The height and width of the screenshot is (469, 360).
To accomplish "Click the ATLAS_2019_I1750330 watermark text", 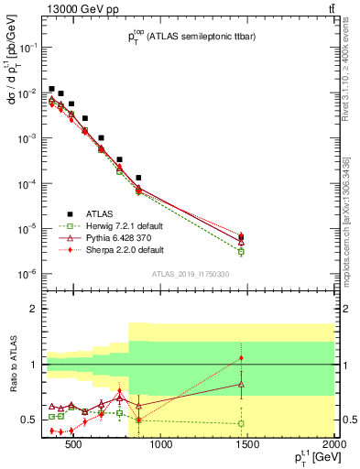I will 190,273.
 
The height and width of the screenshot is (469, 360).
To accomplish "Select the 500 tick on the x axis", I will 73,446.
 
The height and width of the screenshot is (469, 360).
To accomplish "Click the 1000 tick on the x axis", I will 161,446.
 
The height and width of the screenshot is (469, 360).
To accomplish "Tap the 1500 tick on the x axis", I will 248,446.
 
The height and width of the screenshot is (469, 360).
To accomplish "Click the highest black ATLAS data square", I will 52,89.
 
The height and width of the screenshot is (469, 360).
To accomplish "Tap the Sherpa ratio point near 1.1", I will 241,358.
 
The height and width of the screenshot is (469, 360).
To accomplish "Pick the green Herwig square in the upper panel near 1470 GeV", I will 241,251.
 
